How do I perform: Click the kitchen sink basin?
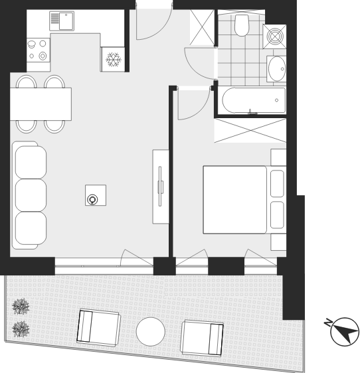tap(66, 21)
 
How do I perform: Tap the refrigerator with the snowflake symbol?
tap(113, 59)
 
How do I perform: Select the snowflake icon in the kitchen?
tap(114, 60)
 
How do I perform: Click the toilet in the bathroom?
tap(242, 25)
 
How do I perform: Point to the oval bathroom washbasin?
tap(277, 69)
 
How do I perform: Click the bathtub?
tap(254, 100)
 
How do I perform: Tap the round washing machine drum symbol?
tap(275, 37)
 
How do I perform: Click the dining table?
tap(41, 104)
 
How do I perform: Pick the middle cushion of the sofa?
tap(31, 195)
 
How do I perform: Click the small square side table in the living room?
tap(96, 195)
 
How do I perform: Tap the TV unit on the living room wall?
tap(161, 186)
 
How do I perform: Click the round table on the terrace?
tap(151, 332)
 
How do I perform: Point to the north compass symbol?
tap(345, 332)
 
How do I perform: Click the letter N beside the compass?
tap(328, 323)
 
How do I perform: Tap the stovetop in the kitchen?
tap(38, 50)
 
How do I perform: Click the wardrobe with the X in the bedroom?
tap(250, 131)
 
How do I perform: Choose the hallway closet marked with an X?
tap(202, 27)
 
